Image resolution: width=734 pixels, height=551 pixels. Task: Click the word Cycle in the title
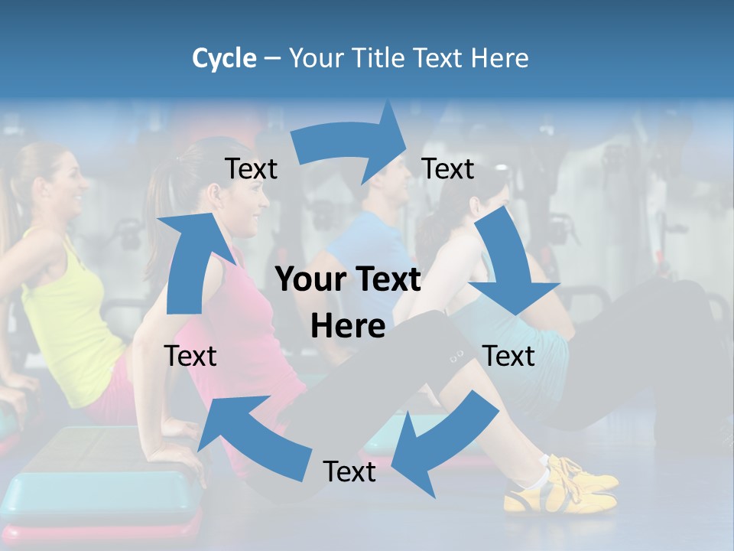[224, 58]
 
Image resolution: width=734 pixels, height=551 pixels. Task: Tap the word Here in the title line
[499, 58]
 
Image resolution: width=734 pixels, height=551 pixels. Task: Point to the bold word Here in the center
[348, 326]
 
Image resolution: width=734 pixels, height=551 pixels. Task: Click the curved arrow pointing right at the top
[352, 142]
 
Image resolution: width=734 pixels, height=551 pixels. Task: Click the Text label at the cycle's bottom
[349, 471]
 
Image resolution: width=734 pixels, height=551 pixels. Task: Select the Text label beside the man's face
[448, 168]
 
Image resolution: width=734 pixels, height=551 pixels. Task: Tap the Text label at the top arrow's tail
[251, 168]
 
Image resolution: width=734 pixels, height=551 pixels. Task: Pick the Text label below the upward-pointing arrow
[190, 356]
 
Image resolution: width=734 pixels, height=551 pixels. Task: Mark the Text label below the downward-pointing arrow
[509, 356]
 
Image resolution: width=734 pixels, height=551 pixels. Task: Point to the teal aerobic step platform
[99, 490]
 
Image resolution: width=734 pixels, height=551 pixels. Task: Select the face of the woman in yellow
[73, 184]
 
